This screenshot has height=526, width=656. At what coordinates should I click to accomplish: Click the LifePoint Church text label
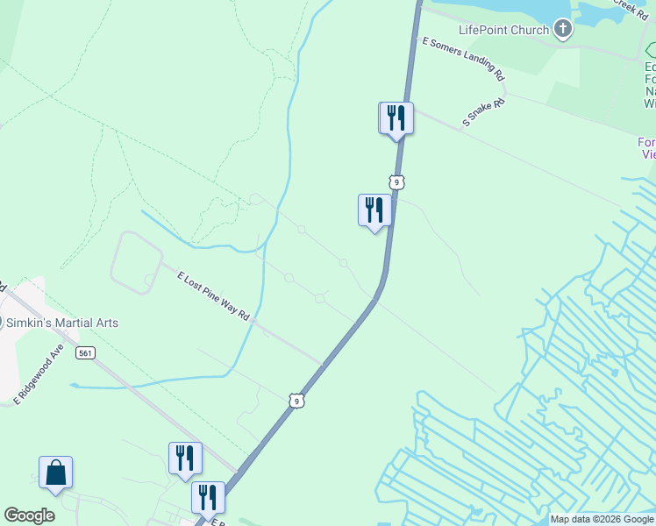503,30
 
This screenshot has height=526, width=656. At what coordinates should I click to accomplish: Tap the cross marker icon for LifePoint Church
563,31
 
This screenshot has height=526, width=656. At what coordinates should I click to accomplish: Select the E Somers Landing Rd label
464,59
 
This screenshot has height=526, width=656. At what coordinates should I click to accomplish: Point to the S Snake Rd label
484,113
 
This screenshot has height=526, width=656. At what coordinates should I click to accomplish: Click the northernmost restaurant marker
396,118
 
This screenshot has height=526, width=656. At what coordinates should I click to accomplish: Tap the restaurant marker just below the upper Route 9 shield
374,210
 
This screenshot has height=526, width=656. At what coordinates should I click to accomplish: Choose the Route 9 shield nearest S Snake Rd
397,182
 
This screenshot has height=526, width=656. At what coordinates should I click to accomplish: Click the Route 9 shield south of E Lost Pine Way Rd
297,401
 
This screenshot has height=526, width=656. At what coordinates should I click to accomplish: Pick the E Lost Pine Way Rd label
213,295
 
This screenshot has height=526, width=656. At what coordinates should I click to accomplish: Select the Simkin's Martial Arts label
63,323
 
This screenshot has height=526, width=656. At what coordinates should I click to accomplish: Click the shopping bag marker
55,473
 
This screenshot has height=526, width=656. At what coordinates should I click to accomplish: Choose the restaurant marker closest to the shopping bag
185,458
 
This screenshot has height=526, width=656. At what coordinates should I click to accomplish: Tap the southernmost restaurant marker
208,497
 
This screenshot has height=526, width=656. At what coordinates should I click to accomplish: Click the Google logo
29,515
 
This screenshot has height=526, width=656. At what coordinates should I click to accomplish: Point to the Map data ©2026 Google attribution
602,519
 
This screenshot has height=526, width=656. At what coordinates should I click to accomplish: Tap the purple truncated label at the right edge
647,148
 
